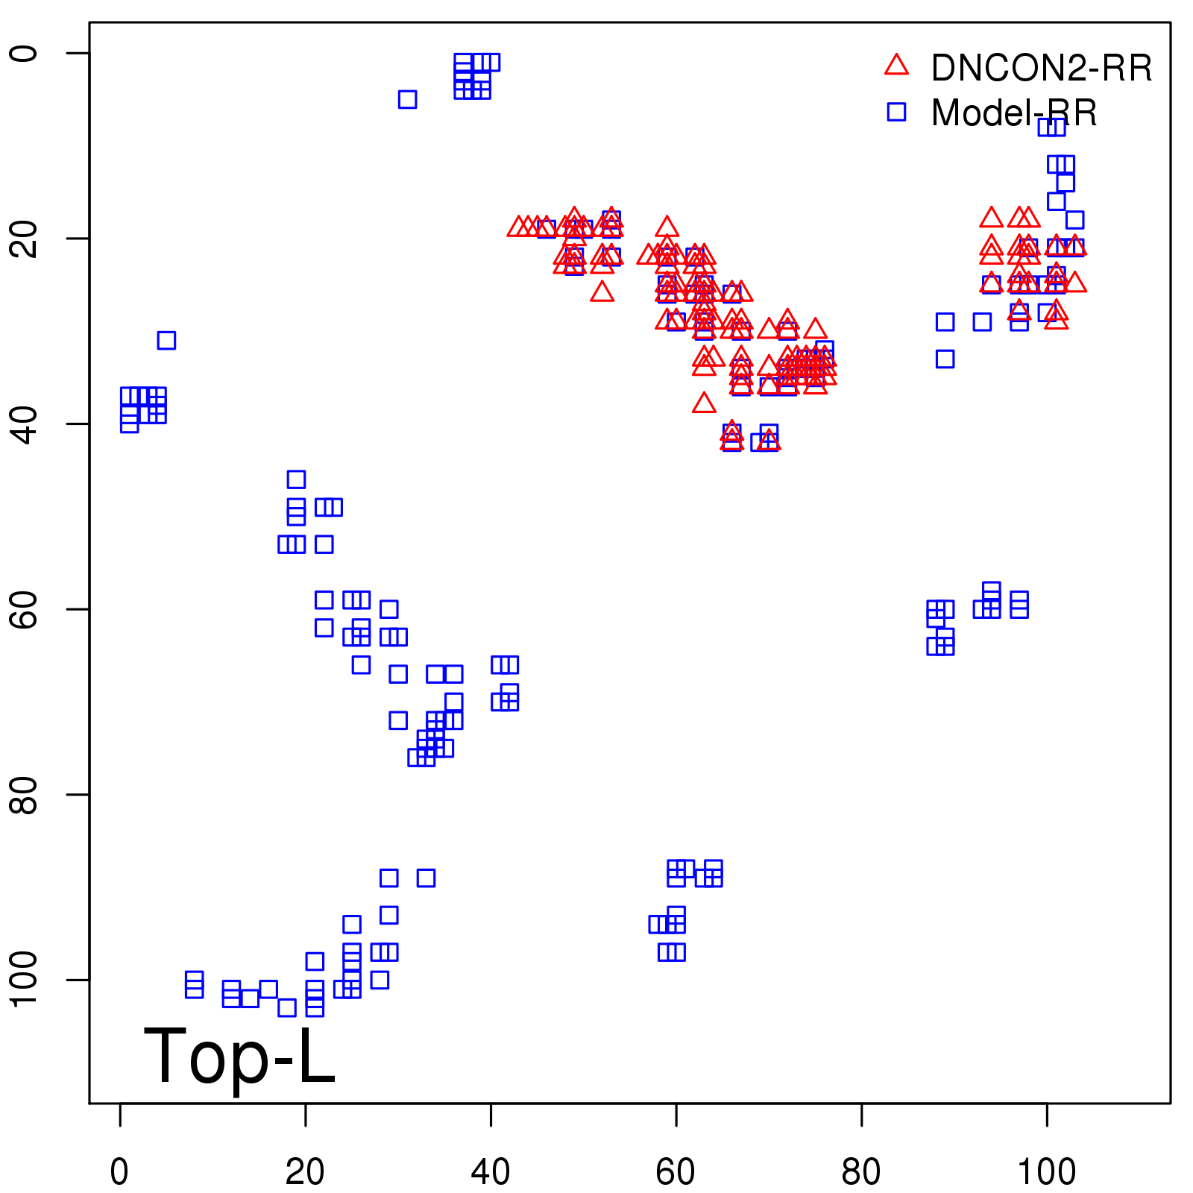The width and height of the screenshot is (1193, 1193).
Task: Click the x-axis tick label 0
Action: coord(119,1172)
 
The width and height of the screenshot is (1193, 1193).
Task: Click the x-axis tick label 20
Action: coord(305,1172)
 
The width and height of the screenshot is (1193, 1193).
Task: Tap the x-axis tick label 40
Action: coord(491,1172)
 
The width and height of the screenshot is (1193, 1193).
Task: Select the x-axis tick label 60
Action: coord(676,1172)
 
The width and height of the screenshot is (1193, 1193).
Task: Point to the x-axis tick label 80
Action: coord(861,1172)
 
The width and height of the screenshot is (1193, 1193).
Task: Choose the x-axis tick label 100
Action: coord(1046,1172)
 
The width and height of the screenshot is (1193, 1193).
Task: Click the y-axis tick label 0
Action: coord(24,53)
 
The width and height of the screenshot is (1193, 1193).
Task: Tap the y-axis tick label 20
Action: coord(24,239)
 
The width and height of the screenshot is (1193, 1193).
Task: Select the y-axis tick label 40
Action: coord(24,424)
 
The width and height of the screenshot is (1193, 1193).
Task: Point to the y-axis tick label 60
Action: coord(24,609)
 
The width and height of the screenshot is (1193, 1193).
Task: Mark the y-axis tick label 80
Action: coord(24,794)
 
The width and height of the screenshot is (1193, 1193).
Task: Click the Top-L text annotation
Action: coord(239,1057)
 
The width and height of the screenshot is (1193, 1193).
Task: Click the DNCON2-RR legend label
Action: coord(1041,68)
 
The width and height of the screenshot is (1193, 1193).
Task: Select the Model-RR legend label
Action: coord(1014,113)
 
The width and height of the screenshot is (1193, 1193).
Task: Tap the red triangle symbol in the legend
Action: coord(896,66)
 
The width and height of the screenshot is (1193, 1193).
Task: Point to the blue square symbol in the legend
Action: coord(896,112)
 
